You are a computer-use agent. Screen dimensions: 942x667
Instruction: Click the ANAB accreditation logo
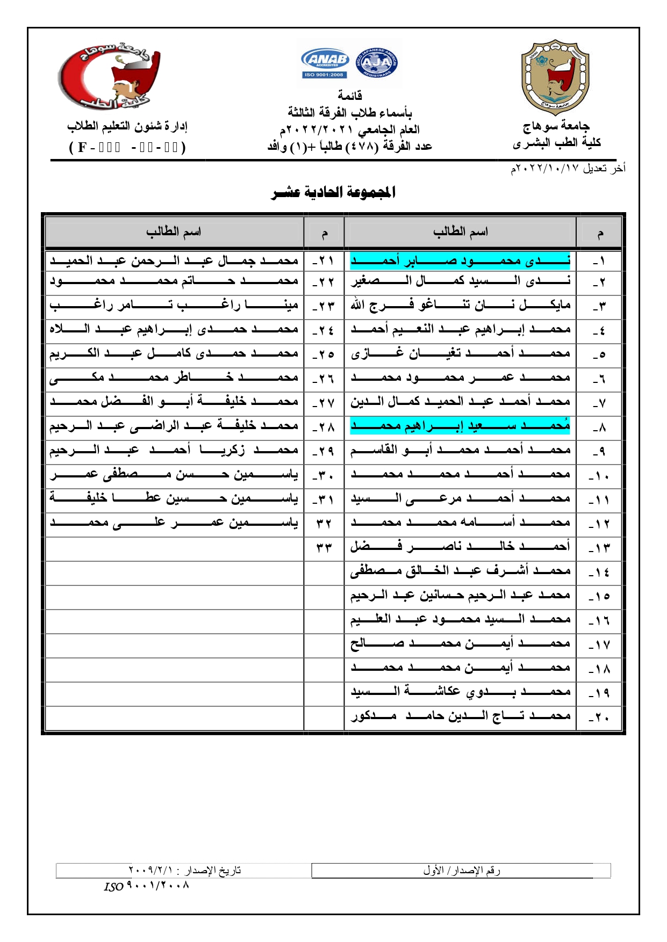coord(325,63)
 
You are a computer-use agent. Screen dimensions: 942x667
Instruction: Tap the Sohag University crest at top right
coord(555,77)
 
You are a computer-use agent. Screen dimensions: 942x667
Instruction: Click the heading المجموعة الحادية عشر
coord(333,192)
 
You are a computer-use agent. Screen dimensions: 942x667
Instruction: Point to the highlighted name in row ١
coord(460,261)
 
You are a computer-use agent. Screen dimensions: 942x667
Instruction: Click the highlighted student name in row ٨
coord(460,426)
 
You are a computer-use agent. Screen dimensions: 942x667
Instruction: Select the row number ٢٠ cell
coord(599,718)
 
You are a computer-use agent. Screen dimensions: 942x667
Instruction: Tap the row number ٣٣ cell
coord(324,548)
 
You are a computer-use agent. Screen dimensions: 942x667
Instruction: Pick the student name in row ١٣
coord(460,547)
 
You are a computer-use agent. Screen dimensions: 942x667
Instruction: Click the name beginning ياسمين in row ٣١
coord(174,498)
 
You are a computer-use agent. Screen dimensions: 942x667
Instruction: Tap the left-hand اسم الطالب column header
coord(174,232)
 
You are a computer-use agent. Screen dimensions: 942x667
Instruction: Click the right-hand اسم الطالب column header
coord(461,232)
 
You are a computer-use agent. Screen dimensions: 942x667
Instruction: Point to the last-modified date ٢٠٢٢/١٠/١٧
coord(568,169)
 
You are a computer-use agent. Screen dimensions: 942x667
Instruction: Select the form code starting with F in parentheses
coord(127,147)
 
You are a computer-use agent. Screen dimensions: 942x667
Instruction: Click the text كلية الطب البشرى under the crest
coord(556,143)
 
